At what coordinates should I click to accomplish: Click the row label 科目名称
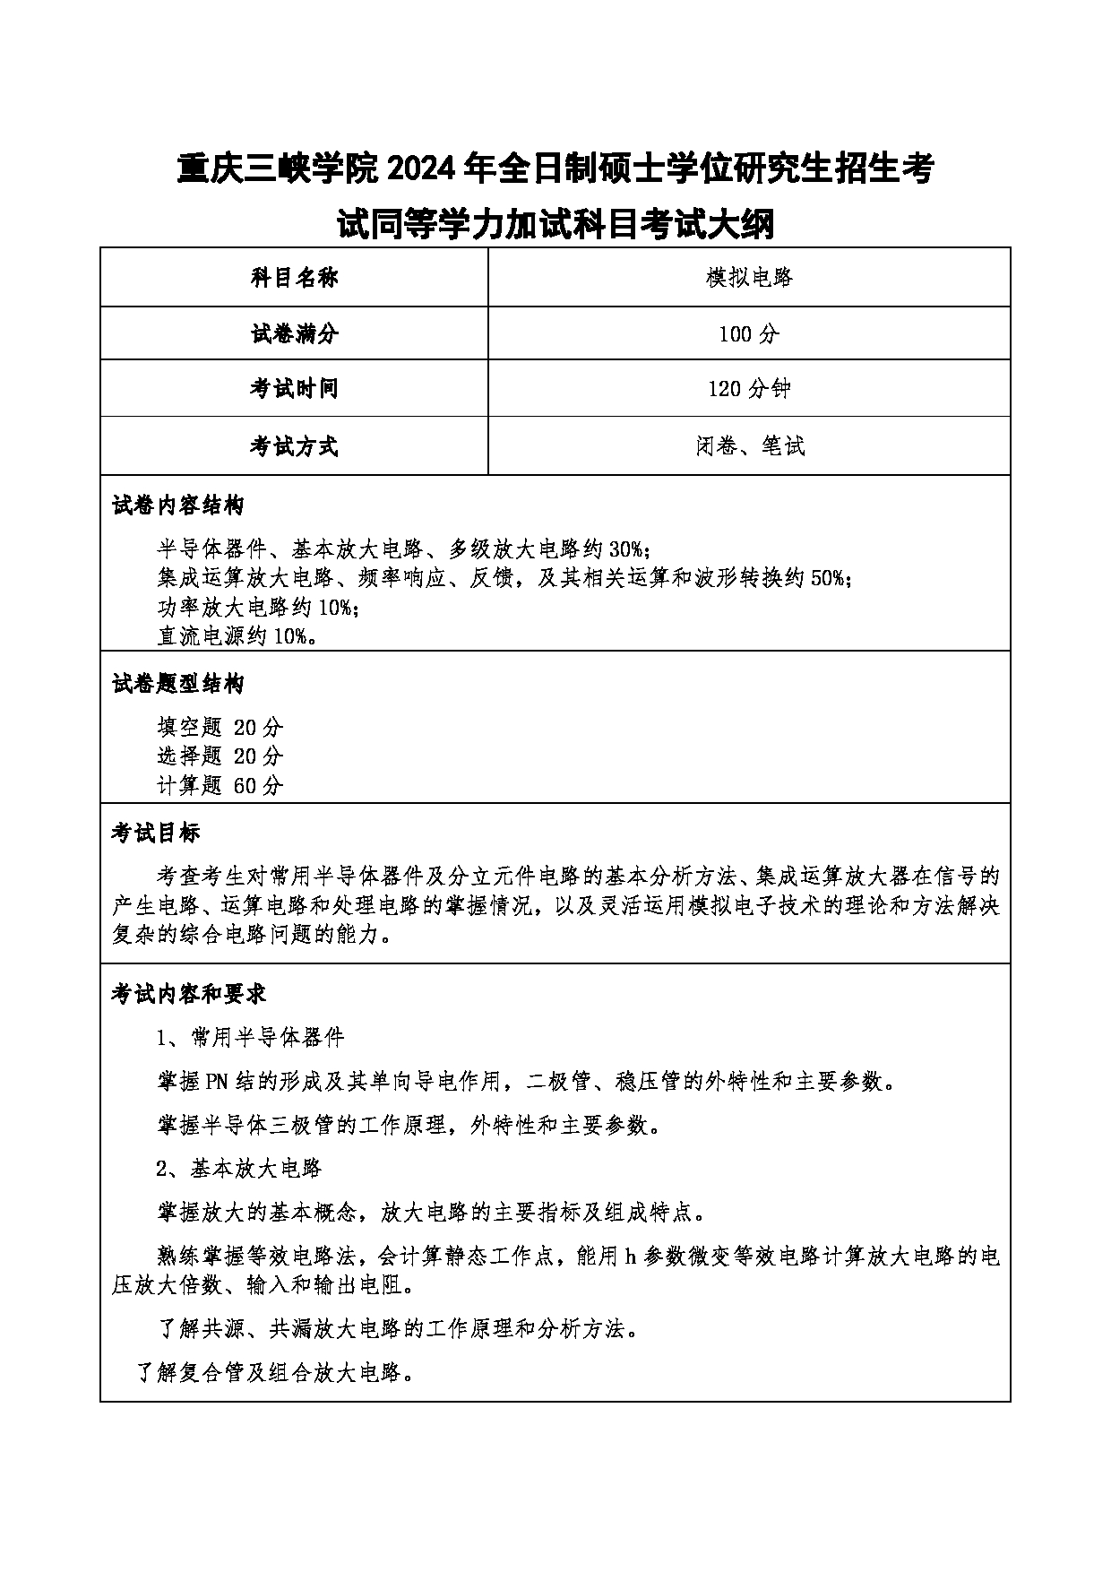click(x=294, y=278)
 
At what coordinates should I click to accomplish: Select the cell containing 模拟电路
click(x=749, y=278)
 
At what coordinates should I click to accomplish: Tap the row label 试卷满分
click(x=294, y=334)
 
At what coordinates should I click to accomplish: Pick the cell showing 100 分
click(x=749, y=334)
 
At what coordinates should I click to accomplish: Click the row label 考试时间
click(x=294, y=389)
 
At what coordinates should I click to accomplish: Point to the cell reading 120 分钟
click(x=749, y=389)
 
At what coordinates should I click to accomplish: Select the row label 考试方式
click(x=294, y=446)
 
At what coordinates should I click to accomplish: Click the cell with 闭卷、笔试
click(x=749, y=446)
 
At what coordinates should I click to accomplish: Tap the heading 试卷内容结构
click(x=177, y=506)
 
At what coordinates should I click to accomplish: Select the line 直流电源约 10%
click(x=237, y=636)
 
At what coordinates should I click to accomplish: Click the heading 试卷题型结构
click(x=177, y=685)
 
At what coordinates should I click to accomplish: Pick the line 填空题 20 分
click(x=220, y=726)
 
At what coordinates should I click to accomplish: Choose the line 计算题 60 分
click(x=220, y=786)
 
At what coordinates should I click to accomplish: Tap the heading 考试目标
click(x=156, y=834)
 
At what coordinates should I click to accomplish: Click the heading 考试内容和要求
click(x=188, y=994)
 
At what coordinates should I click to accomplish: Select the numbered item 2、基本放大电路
click(x=238, y=1169)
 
